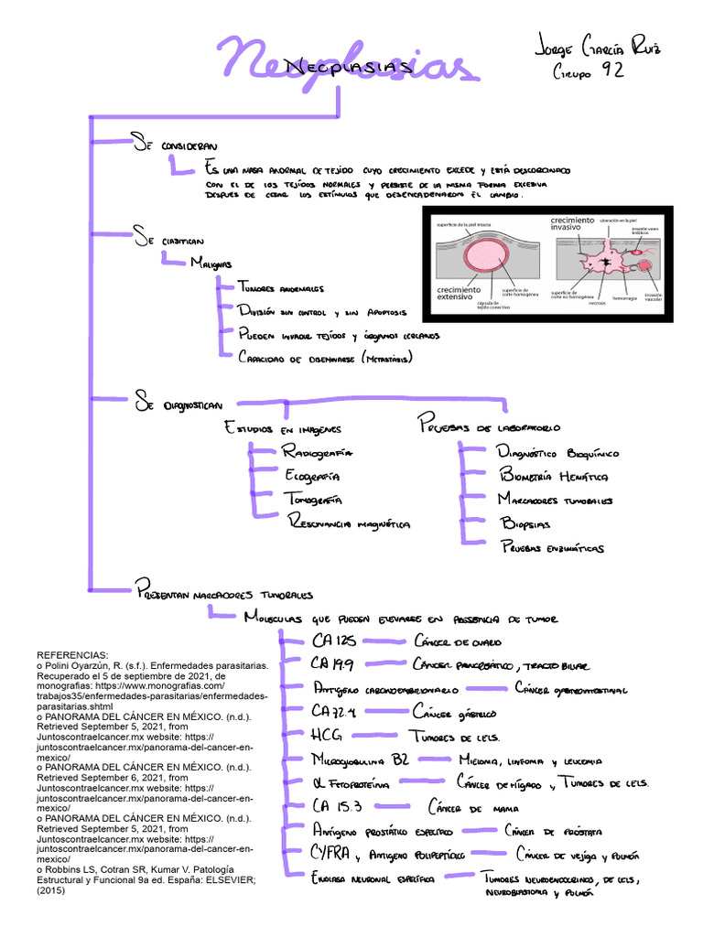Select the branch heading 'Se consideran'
point(173,145)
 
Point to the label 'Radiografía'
point(317,453)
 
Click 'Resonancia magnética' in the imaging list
point(348,524)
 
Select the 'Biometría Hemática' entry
point(553,476)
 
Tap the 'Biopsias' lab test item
point(525,524)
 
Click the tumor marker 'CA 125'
point(333,641)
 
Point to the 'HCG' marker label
point(327,735)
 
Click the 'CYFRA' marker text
point(334,855)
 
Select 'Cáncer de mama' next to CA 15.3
point(468,808)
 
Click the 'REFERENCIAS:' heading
point(72,656)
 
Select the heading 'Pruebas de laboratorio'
point(490,426)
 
